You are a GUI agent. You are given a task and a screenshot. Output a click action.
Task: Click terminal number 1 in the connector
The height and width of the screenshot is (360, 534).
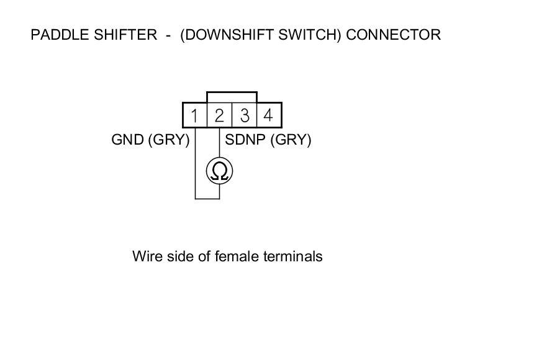click(x=194, y=115)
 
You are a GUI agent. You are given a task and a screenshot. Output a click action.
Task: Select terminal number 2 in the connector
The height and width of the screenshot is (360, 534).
click(x=219, y=115)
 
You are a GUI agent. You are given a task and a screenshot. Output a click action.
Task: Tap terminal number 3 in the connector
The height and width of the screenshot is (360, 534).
click(x=245, y=115)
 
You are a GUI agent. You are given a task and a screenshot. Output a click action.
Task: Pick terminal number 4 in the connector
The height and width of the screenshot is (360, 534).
click(x=268, y=115)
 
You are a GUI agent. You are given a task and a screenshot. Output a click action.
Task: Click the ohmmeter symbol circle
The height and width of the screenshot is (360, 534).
click(x=219, y=170)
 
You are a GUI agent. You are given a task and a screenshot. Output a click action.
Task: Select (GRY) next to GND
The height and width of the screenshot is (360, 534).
click(x=169, y=140)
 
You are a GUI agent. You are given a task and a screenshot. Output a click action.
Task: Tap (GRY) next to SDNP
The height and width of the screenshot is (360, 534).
click(x=291, y=140)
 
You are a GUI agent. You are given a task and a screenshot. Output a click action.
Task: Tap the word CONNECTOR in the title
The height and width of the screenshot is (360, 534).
click(x=393, y=35)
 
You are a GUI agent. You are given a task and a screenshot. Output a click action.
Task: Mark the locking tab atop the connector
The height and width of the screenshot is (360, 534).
click(x=232, y=97)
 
